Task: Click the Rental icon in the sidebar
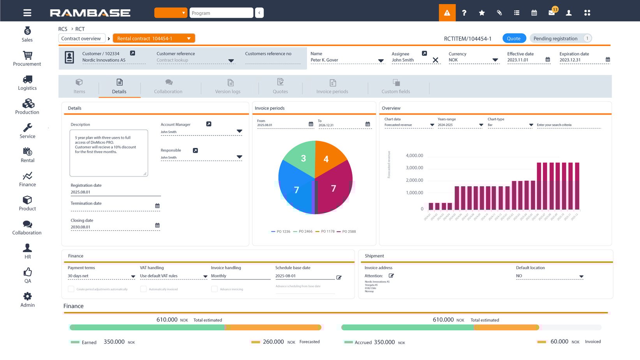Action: pos(27,152)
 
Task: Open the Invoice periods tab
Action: pos(332,86)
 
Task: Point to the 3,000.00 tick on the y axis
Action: pos(414,168)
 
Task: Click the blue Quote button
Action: pos(514,39)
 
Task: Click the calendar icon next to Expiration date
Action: pos(608,60)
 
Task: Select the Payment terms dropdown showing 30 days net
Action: pos(101,276)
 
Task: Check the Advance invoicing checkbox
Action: pos(214,289)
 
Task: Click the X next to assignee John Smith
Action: pos(435,60)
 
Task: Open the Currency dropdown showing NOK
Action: pos(474,60)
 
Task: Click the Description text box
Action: pos(109,153)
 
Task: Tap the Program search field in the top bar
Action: pos(221,13)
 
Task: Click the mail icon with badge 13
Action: pos(552,12)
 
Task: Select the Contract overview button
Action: pos(81,39)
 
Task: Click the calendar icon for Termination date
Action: pos(157,206)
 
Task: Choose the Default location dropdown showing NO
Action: pos(549,276)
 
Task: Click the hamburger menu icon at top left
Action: pos(27,13)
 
